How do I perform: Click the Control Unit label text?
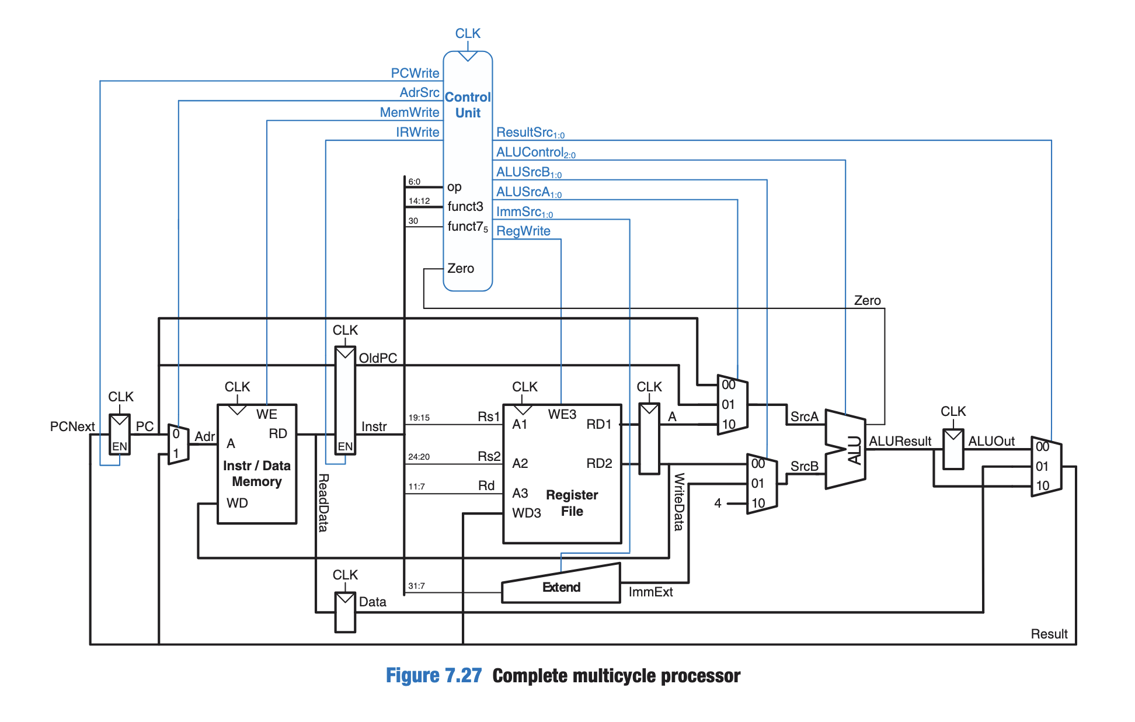click(x=468, y=105)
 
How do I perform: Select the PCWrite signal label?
click(x=415, y=73)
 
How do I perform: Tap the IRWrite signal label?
click(x=417, y=132)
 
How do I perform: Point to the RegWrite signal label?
click(x=523, y=231)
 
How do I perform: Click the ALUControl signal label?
click(x=535, y=152)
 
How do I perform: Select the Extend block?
click(x=560, y=586)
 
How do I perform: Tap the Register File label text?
click(x=572, y=503)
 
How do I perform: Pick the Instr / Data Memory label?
click(x=256, y=473)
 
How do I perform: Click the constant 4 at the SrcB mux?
click(x=718, y=503)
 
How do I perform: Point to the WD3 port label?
click(x=526, y=513)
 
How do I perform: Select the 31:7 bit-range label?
click(x=416, y=586)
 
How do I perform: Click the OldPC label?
click(x=378, y=358)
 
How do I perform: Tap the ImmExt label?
click(x=650, y=592)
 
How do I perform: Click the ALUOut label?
click(x=991, y=441)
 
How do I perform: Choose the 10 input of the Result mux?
click(x=1042, y=485)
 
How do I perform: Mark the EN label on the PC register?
click(x=119, y=446)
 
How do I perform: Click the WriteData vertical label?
click(x=678, y=501)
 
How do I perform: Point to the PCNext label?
click(x=72, y=426)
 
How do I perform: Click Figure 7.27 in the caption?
click(x=433, y=675)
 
